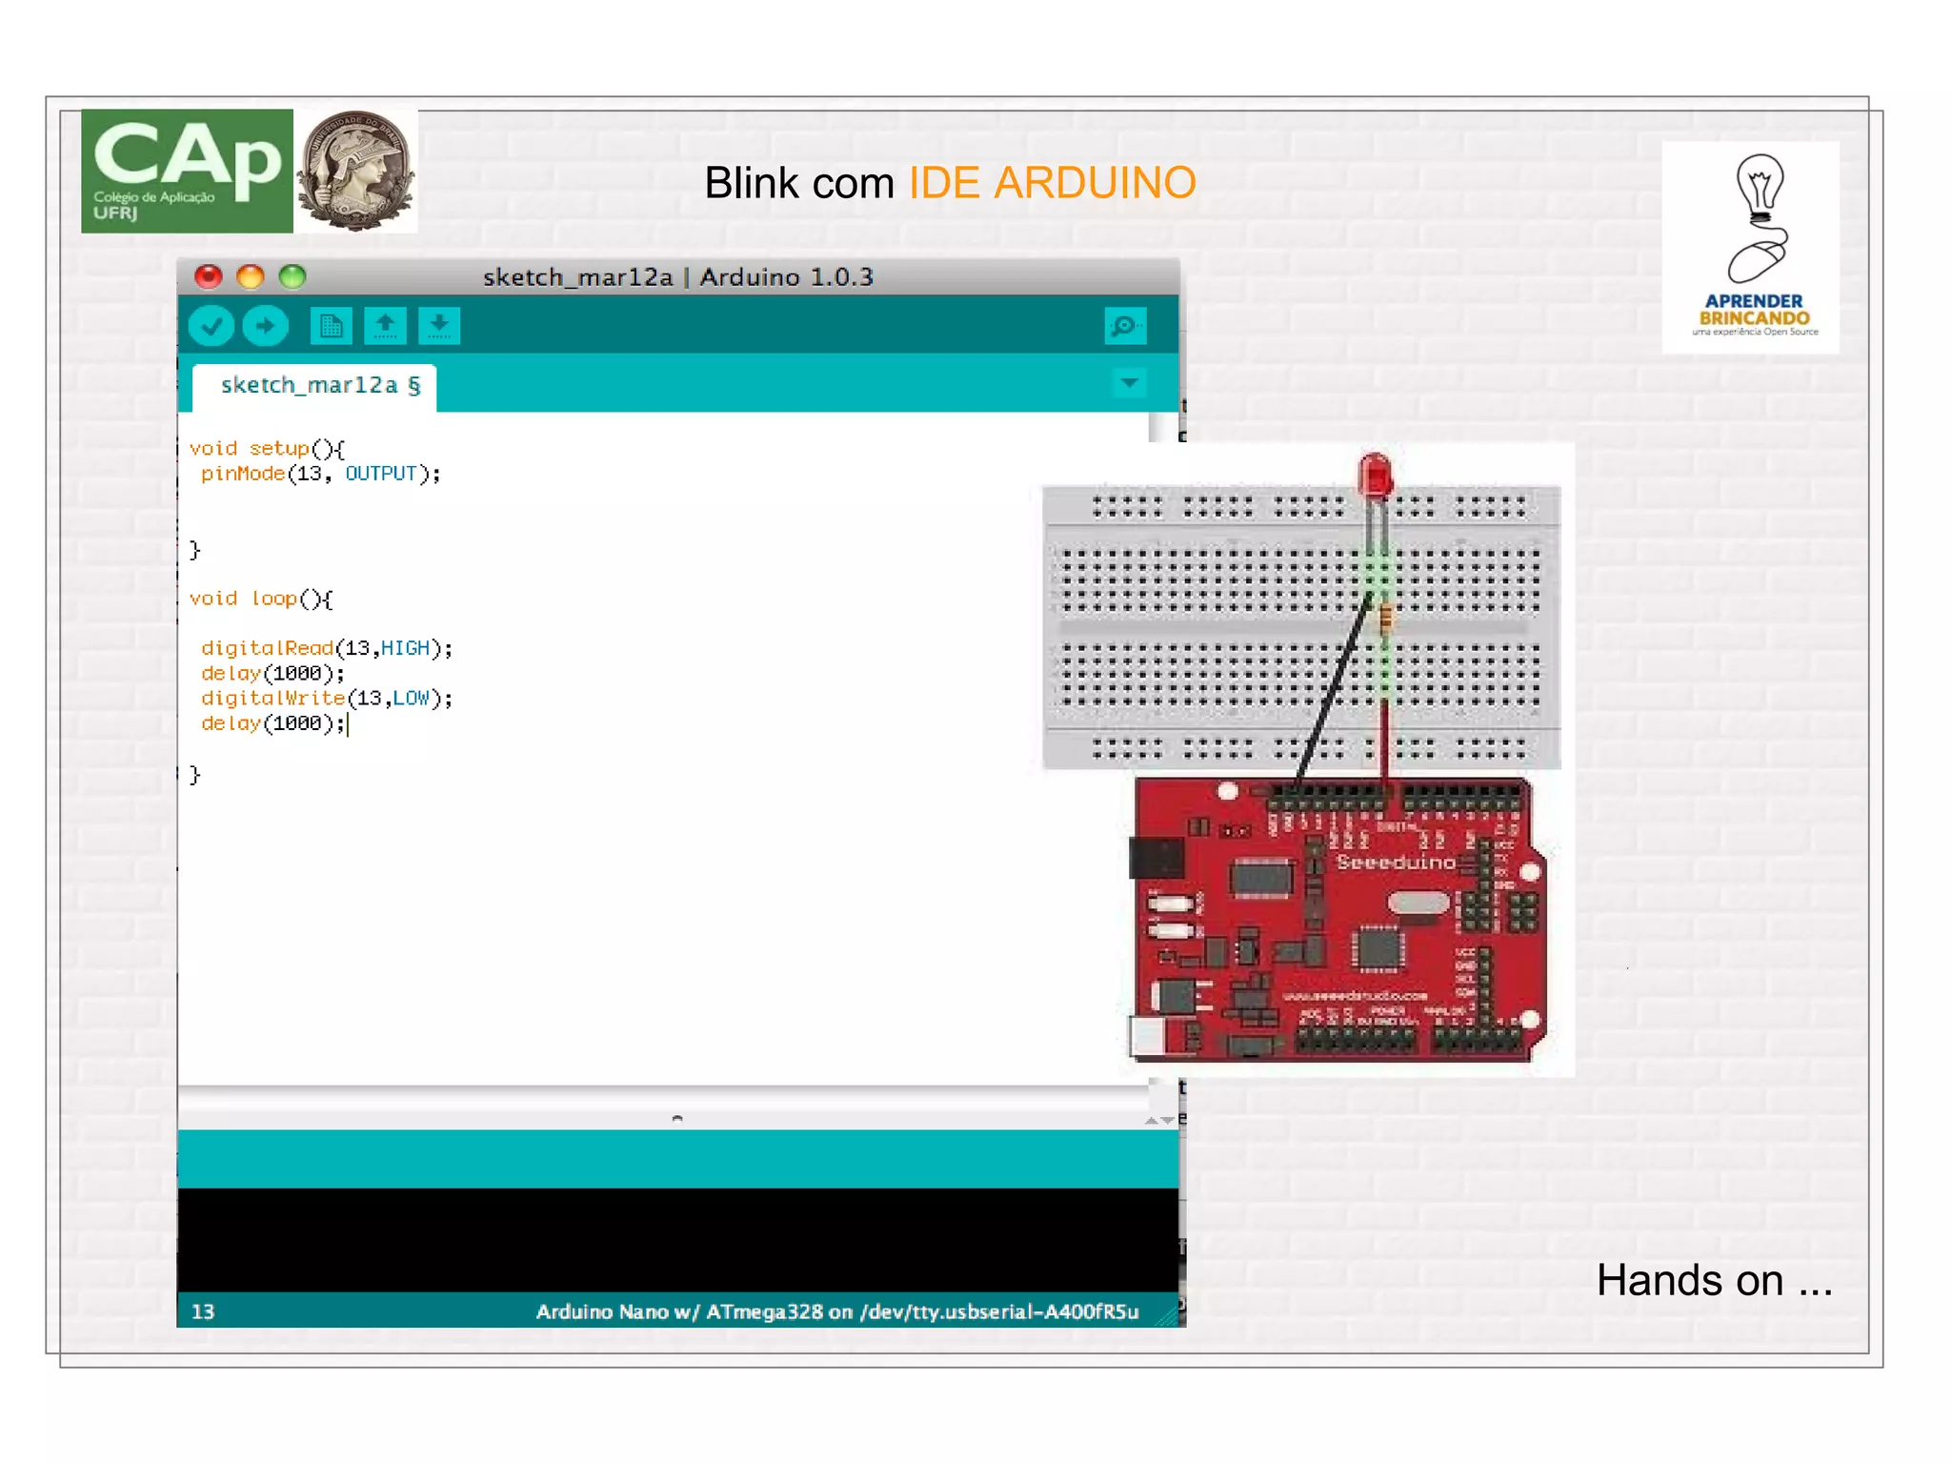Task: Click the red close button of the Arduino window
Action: click(x=208, y=276)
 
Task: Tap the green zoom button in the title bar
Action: click(x=292, y=276)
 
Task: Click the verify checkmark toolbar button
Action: click(x=211, y=326)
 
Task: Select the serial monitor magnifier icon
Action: click(x=1124, y=326)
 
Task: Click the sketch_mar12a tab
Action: click(x=314, y=386)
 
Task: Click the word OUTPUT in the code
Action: click(x=380, y=474)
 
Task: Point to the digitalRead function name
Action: click(x=267, y=648)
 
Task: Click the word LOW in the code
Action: click(x=411, y=699)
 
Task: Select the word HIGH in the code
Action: click(x=405, y=648)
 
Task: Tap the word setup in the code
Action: click(x=278, y=448)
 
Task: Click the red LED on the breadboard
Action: click(x=1375, y=475)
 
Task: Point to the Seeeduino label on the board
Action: click(x=1396, y=863)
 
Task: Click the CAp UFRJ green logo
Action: click(x=187, y=172)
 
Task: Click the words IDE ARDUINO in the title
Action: click(x=1052, y=183)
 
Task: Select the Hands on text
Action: click(x=1714, y=1280)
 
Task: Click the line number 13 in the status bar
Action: click(x=203, y=1311)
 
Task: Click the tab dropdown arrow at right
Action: click(x=1129, y=383)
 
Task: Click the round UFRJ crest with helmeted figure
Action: click(x=355, y=172)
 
